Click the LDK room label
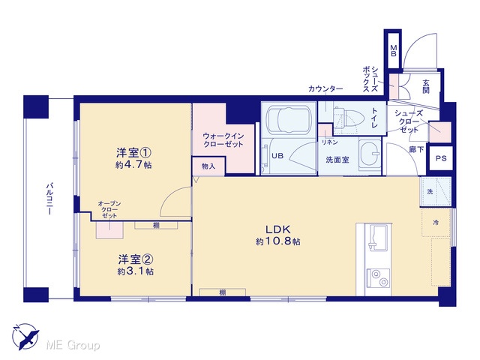277,229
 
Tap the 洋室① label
133,152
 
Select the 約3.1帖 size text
136,271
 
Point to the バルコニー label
49,198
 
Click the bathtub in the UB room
289,119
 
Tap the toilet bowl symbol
349,118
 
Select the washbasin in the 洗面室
370,154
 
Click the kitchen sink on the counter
378,237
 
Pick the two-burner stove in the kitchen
378,278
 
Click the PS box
441,158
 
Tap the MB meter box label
394,51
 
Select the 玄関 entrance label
426,86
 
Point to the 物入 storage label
208,166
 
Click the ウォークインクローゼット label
223,140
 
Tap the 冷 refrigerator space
436,223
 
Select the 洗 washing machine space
435,192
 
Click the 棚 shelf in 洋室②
156,226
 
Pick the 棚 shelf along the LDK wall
223,292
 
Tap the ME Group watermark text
73,345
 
